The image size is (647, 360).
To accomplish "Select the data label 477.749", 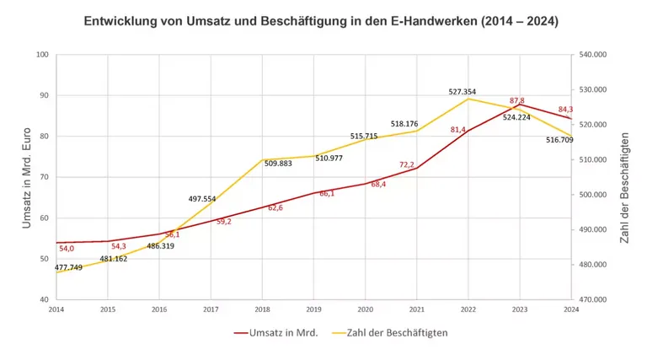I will (x=68, y=267).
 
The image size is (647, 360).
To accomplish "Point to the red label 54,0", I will (x=67, y=249).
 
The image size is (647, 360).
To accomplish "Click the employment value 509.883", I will (x=278, y=164).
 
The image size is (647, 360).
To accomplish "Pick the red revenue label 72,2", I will (x=407, y=165).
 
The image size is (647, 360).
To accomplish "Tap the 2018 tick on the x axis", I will (x=263, y=309).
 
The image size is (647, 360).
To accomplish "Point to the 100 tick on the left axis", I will (x=43, y=55).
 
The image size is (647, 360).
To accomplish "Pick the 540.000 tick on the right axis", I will (x=593, y=55).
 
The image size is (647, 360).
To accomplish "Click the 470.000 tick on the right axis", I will (x=593, y=299).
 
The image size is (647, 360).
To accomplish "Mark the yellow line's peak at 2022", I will (x=469, y=99).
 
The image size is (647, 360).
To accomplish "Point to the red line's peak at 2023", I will (x=521, y=105).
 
